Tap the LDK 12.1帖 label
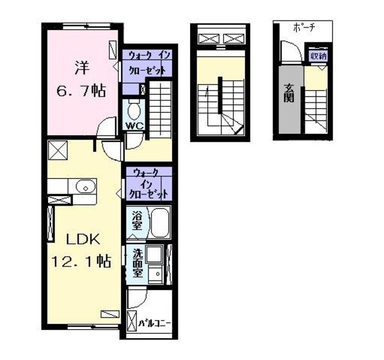click(x=81, y=249)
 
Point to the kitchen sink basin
click(x=84, y=187)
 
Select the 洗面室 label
click(x=136, y=263)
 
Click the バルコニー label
click(x=155, y=323)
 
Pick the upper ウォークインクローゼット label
click(x=147, y=63)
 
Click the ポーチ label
click(x=303, y=28)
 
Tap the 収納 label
click(x=318, y=56)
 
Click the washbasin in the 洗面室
click(x=154, y=274)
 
